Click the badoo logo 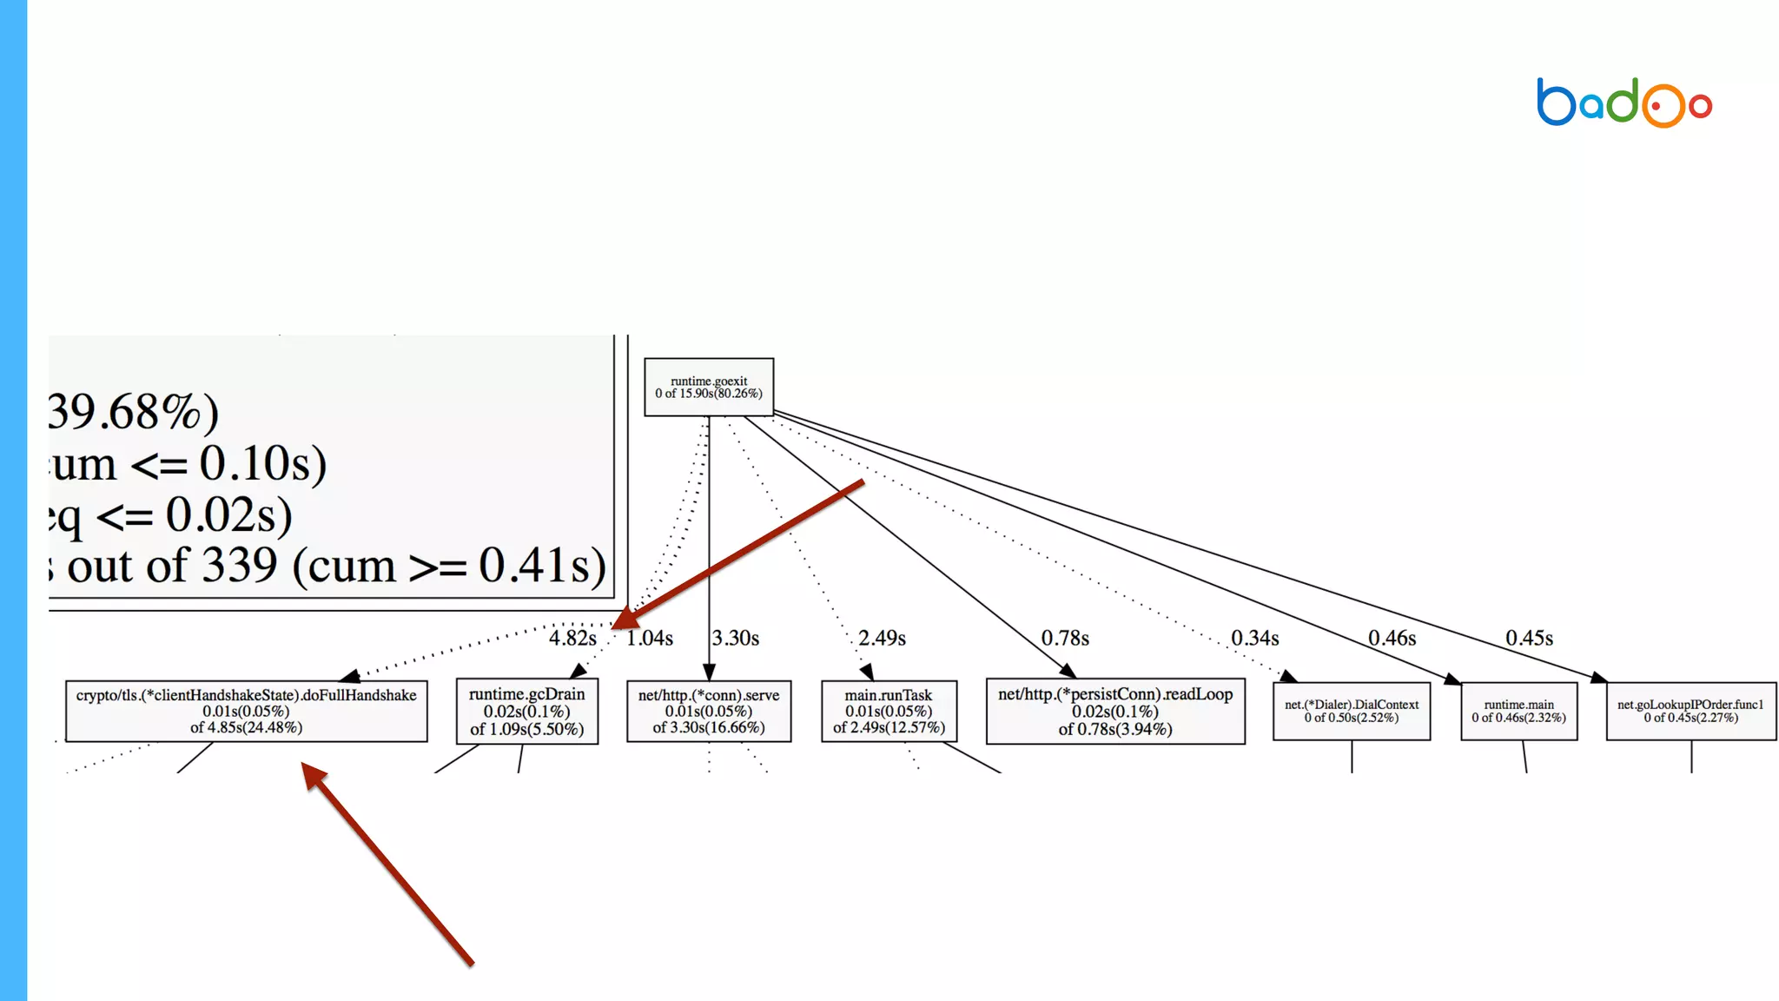click(1624, 103)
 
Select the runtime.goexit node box click(709, 387)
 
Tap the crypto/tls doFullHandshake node click(246, 711)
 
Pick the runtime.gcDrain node click(527, 712)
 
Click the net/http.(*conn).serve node click(709, 711)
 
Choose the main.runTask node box click(889, 711)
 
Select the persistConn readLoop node click(1115, 711)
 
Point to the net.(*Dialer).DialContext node click(1352, 711)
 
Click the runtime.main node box click(1518, 711)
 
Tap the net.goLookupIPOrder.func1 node click(1690, 711)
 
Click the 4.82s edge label click(572, 638)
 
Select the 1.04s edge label click(650, 638)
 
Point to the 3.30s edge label click(736, 638)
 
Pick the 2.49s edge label click(882, 638)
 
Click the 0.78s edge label click(1065, 638)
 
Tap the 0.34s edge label click(1254, 638)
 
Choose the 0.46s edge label click(1392, 638)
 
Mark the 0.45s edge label click(1529, 638)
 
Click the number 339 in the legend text click(239, 566)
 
